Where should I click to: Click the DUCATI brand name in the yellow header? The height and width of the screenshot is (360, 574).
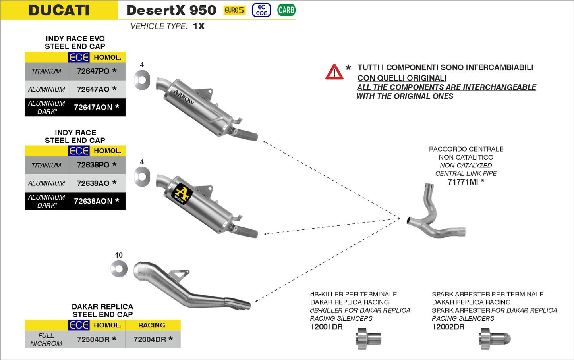point(59,10)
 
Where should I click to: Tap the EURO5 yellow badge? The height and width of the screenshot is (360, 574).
point(234,10)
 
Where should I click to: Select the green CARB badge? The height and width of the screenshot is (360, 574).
point(286,10)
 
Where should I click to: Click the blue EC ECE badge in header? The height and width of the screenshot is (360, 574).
point(261,10)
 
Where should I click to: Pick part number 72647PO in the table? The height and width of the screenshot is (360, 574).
point(93,71)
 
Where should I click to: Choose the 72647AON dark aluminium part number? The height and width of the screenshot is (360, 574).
point(93,107)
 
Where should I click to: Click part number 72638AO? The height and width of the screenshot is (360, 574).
point(93,183)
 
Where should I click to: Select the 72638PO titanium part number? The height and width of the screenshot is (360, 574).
point(93,165)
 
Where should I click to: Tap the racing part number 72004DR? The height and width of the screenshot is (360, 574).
point(150,339)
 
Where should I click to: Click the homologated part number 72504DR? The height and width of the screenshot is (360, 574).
point(93,339)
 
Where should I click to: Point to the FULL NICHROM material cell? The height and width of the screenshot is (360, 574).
point(46,339)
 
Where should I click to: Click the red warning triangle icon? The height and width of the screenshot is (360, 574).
point(334,72)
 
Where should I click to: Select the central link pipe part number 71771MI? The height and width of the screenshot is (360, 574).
point(463,182)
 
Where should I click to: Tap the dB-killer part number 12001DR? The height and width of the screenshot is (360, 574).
point(326,327)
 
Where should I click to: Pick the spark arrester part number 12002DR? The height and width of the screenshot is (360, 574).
point(448,327)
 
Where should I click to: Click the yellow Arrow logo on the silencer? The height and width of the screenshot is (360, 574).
point(182,193)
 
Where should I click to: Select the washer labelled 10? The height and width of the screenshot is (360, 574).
point(119,269)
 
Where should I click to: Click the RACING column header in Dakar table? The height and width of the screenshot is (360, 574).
point(151,325)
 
